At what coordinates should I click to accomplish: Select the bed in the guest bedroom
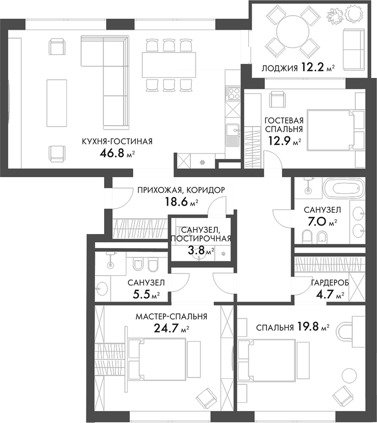pyautogui.click(x=330, y=130)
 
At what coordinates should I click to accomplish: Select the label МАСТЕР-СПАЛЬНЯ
pyautogui.click(x=171, y=317)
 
